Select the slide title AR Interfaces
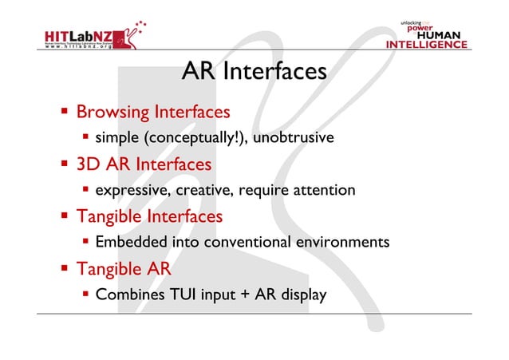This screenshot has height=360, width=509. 254,72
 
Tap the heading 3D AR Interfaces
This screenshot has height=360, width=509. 144,164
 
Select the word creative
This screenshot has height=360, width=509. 207,191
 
